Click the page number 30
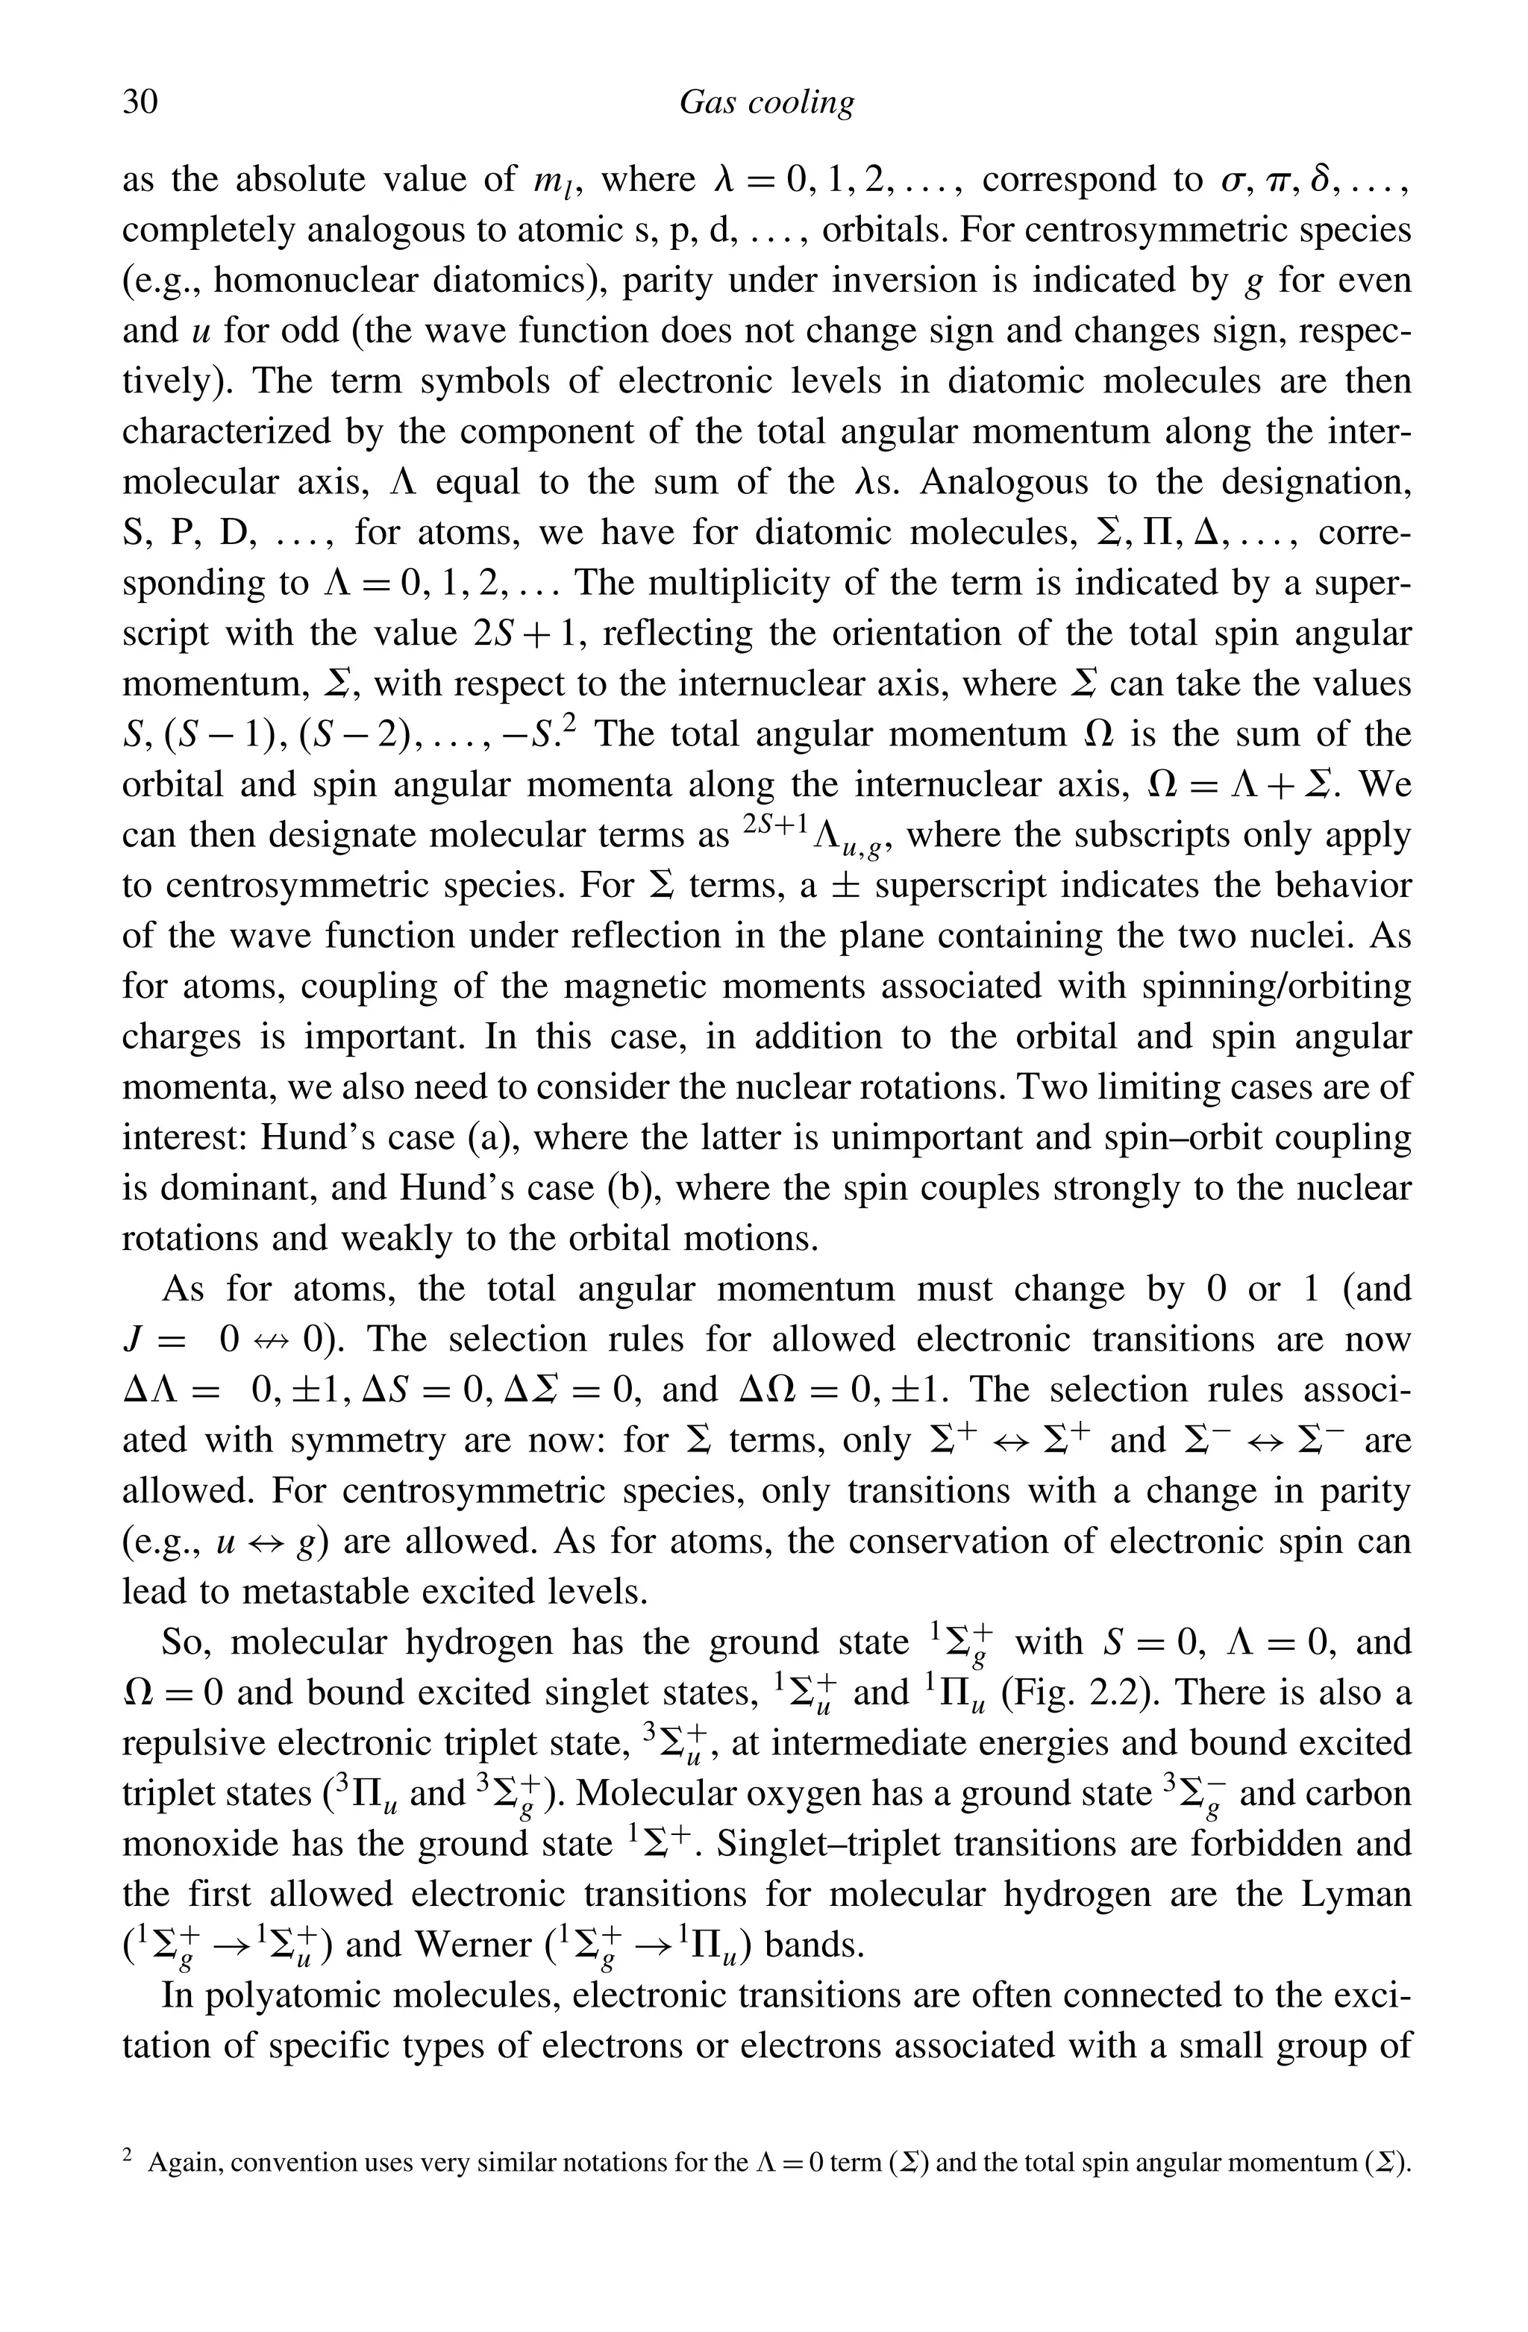[140, 102]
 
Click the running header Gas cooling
[766, 103]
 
